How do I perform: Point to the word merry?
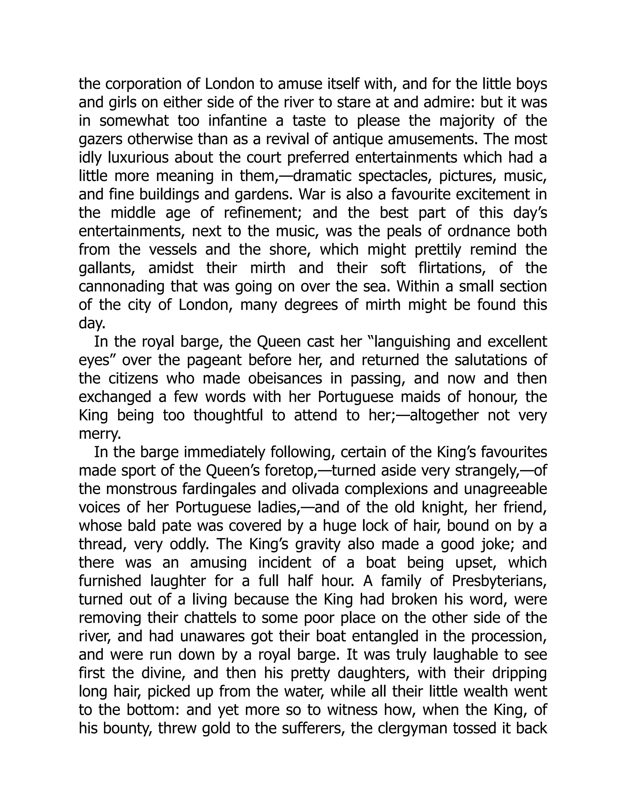[100, 433]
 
